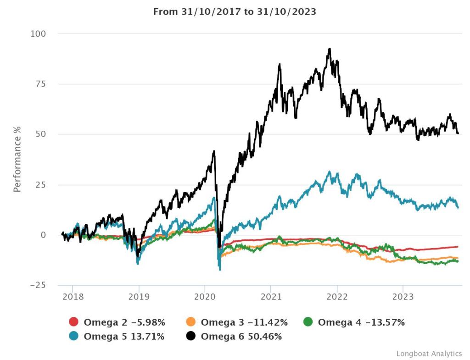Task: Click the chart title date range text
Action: pyautogui.click(x=235, y=12)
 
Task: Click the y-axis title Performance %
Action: pyautogui.click(x=17, y=160)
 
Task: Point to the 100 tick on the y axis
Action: pyautogui.click(x=38, y=33)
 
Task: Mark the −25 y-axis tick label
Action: pyautogui.click(x=38, y=285)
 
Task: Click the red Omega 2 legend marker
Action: pyautogui.click(x=74, y=322)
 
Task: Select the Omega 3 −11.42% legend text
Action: pyautogui.click(x=244, y=322)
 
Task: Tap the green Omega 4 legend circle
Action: pyautogui.click(x=308, y=322)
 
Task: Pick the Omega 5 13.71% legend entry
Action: pyautogui.click(x=124, y=337)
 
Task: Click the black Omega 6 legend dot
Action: pyautogui.click(x=191, y=337)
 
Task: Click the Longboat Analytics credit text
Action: pyautogui.click(x=429, y=354)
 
